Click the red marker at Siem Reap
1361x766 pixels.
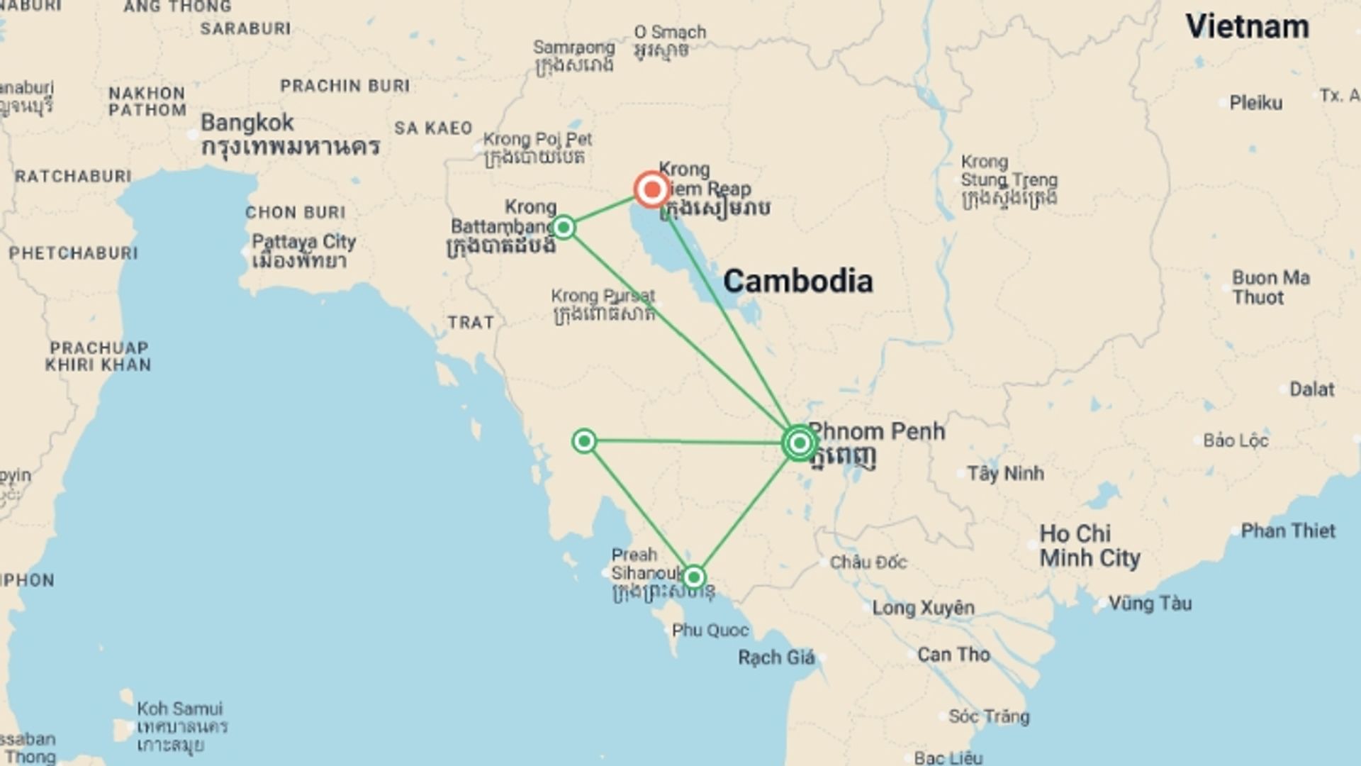click(651, 189)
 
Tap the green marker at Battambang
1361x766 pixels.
click(564, 228)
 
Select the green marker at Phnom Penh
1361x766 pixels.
click(800, 443)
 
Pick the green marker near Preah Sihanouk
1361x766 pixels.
click(694, 577)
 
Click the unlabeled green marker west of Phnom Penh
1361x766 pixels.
click(584, 441)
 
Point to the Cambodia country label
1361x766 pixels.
click(797, 282)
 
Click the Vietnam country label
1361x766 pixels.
click(1247, 27)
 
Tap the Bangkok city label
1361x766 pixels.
click(247, 123)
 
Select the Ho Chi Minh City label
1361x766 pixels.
click(1089, 545)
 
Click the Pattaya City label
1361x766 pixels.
click(303, 242)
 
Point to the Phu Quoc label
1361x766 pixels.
click(710, 630)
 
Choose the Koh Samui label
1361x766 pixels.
click(179, 709)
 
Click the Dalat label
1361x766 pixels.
click(1311, 389)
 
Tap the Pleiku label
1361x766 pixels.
click(1255, 104)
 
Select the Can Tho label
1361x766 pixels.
click(953, 654)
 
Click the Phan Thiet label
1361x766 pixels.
click(1287, 531)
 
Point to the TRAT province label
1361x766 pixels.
click(471, 323)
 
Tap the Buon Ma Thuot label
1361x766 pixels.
click(1270, 287)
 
